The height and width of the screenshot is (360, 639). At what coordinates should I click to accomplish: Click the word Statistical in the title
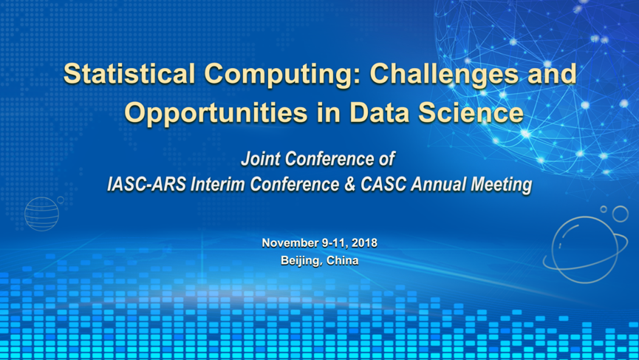click(x=129, y=74)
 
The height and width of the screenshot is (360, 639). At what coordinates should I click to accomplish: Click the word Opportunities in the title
click(x=216, y=113)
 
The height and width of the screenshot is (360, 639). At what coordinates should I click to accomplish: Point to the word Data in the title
click(x=380, y=112)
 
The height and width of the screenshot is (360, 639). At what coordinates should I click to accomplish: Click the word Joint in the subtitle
click(x=261, y=159)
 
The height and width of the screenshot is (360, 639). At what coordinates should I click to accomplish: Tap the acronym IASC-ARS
click(x=147, y=184)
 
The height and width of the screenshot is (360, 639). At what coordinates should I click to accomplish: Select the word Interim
click(x=218, y=184)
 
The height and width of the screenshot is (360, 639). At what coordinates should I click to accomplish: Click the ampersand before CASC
click(x=349, y=184)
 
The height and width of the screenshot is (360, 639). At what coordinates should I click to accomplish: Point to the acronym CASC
click(x=383, y=184)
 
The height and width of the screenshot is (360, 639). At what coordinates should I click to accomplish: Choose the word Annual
click(x=438, y=184)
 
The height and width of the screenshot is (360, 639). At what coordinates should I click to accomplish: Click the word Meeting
click(x=502, y=185)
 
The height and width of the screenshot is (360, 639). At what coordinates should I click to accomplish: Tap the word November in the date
click(x=290, y=243)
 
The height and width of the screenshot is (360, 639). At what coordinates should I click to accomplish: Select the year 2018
click(x=364, y=243)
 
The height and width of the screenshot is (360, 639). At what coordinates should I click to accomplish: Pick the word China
click(x=342, y=260)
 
